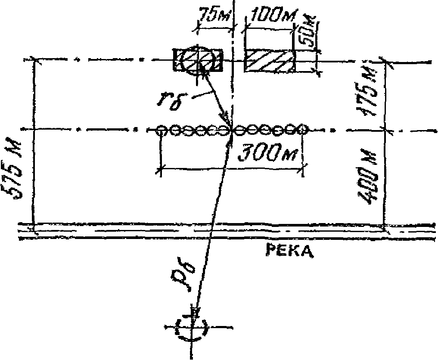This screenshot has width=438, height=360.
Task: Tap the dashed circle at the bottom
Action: point(192,327)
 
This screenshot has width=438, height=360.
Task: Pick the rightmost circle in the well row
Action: point(303,129)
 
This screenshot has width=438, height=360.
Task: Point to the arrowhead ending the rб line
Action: point(224,118)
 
